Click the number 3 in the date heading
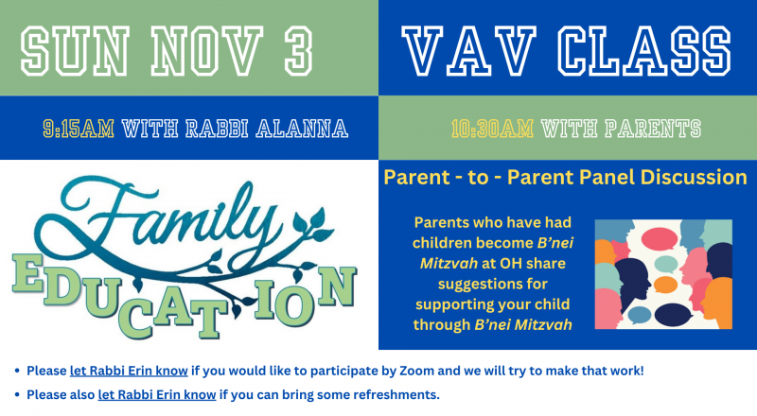(298, 51)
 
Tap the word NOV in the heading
(207, 51)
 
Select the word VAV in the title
(468, 51)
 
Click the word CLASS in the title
(644, 51)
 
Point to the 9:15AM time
(79, 129)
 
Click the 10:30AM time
(492, 129)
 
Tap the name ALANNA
(302, 129)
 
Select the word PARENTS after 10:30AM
(653, 129)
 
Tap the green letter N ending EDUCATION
(337, 286)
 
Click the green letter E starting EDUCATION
(26, 273)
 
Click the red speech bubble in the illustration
(660, 238)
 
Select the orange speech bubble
(665, 285)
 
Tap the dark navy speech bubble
(674, 314)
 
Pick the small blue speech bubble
(640, 315)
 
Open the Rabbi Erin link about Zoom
(129, 371)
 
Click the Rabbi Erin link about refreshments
(157, 395)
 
